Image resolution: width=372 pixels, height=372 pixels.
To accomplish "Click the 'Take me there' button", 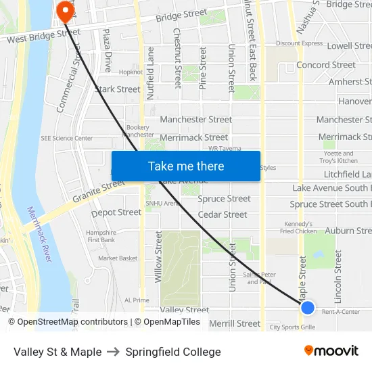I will tap(186, 166).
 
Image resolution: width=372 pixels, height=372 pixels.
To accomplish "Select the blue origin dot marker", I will tap(308, 308).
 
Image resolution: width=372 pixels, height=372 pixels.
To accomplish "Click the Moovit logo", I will tap(331, 350).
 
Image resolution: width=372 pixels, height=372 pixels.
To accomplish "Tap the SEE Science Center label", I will tap(67, 138).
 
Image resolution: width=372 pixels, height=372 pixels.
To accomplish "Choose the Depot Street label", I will tap(116, 212).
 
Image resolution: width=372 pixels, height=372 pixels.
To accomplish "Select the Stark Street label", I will tap(118, 89).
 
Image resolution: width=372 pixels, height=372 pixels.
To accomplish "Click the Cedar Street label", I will tap(223, 214).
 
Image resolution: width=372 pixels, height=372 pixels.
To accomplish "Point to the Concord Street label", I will tap(326, 65).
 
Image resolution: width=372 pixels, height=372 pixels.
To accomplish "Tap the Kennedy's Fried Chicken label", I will tap(298, 227).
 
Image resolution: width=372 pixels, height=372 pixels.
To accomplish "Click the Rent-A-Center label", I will tap(341, 312).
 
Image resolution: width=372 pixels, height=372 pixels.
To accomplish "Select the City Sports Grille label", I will tap(293, 327).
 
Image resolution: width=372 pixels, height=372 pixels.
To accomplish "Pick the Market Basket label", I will tap(118, 258).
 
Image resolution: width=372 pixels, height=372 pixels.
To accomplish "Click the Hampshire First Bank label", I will tap(101, 236).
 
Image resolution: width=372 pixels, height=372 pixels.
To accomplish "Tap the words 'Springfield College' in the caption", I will tap(173, 352).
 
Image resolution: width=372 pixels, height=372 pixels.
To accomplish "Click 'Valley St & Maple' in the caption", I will tap(57, 352).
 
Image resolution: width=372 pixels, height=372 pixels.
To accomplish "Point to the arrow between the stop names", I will tap(114, 352).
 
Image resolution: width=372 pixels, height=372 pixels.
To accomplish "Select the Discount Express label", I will tap(300, 43).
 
